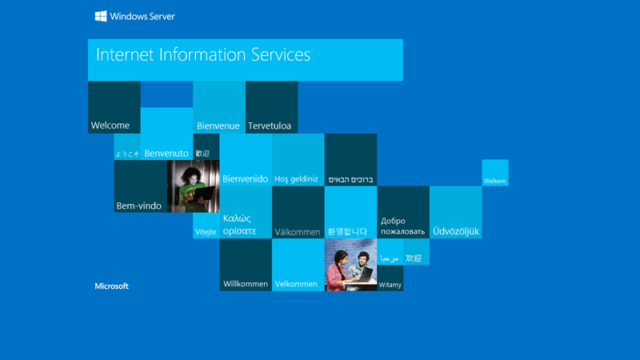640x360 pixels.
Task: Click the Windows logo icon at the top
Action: click(102, 16)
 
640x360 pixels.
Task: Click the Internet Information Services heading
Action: click(202, 55)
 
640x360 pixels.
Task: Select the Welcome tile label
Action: click(110, 126)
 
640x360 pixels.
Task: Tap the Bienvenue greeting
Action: click(218, 126)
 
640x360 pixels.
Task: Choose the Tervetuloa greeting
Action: click(270, 126)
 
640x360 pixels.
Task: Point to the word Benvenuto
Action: click(166, 154)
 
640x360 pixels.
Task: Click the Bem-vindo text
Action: click(139, 206)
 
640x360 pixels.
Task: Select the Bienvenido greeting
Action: click(245, 179)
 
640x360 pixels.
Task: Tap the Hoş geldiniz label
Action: click(296, 180)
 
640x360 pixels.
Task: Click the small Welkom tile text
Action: click(494, 182)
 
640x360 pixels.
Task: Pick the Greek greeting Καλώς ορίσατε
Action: click(239, 225)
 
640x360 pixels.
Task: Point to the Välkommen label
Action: click(298, 233)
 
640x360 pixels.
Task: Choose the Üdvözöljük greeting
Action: click(456, 232)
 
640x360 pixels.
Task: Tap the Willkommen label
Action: click(246, 284)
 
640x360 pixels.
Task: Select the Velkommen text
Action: click(296, 284)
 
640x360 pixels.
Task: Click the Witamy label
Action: click(390, 285)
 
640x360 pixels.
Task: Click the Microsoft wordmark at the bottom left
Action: click(112, 286)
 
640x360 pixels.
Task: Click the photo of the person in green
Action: click(193, 186)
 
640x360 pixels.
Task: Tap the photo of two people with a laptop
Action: click(350, 265)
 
